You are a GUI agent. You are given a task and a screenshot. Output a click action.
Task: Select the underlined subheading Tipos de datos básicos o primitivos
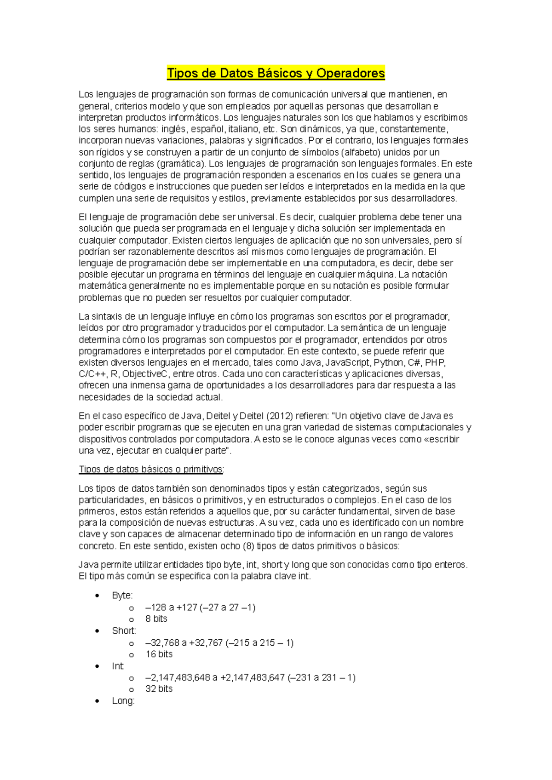point(151,470)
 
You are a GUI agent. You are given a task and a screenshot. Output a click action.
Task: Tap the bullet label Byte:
point(122,596)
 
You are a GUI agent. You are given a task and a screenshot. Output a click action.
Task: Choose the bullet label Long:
point(123,701)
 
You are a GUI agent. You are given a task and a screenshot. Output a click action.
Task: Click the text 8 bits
point(156,619)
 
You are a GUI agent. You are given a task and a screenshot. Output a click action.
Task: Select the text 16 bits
point(159,654)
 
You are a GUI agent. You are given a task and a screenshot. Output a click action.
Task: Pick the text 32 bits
point(159,689)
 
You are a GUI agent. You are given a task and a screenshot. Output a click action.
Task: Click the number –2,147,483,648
point(178,678)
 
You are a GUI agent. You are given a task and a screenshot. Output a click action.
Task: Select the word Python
point(389,363)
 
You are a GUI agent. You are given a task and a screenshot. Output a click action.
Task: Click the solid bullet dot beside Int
point(97,666)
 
